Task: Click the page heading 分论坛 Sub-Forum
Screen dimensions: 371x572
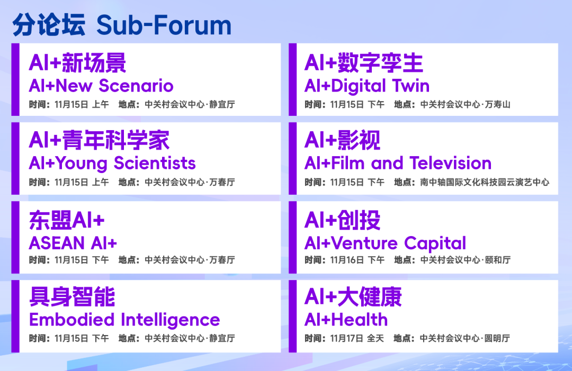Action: click(x=122, y=25)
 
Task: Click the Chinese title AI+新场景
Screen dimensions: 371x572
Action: click(x=77, y=64)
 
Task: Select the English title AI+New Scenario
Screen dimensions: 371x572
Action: click(x=101, y=86)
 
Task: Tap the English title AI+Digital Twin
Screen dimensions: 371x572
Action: click(x=367, y=86)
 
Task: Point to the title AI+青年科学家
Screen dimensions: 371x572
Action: click(x=99, y=141)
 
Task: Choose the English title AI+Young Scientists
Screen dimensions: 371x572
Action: click(x=112, y=163)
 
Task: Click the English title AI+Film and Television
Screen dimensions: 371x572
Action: click(x=398, y=163)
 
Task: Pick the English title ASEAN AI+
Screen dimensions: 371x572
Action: click(x=73, y=243)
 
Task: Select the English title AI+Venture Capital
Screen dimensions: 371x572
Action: click(x=385, y=243)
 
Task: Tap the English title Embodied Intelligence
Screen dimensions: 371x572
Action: click(x=124, y=320)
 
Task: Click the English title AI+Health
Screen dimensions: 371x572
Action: click(x=346, y=320)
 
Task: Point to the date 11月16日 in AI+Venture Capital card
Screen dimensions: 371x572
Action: click(x=347, y=260)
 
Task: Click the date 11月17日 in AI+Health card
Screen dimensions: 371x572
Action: click(x=347, y=338)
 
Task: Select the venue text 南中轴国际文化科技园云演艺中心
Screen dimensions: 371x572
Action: click(x=485, y=183)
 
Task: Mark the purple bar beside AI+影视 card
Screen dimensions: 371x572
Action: click(x=292, y=159)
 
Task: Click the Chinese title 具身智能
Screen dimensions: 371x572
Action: click(x=72, y=297)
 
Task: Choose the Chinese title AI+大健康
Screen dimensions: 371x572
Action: click(x=353, y=297)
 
